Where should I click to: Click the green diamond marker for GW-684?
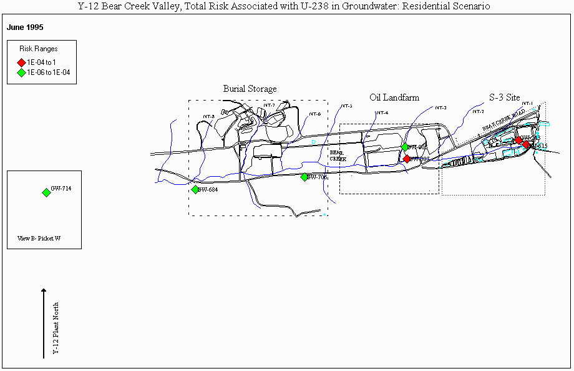(x=195, y=190)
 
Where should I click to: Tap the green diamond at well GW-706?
(x=304, y=177)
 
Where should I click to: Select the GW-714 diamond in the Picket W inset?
(x=46, y=192)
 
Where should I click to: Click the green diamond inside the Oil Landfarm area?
(x=405, y=147)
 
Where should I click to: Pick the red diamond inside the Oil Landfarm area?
(x=407, y=159)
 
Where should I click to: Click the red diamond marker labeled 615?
(x=526, y=145)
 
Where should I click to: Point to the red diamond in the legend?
(x=21, y=62)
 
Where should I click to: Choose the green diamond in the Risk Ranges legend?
(x=21, y=72)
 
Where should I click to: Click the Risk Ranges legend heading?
(x=39, y=49)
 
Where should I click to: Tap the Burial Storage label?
(x=250, y=89)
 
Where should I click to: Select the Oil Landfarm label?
(x=394, y=97)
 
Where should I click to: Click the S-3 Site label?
(x=504, y=97)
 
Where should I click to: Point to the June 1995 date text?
(x=25, y=28)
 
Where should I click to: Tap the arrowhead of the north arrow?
(x=44, y=290)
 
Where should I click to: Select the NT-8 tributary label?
(x=209, y=117)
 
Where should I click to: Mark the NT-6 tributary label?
(x=315, y=114)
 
